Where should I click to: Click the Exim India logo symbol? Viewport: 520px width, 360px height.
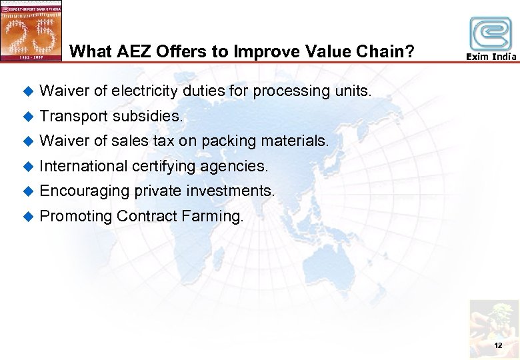tap(491, 33)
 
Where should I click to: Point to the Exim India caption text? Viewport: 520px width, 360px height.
tap(491, 57)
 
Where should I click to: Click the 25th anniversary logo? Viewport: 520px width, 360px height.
tap(31, 31)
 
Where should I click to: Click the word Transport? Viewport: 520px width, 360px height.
tap(73, 116)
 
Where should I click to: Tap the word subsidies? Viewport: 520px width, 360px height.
tap(147, 116)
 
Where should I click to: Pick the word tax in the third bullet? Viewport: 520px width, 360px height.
tap(165, 141)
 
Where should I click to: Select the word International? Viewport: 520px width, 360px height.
tap(83, 165)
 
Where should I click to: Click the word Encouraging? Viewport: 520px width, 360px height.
tap(85, 191)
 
